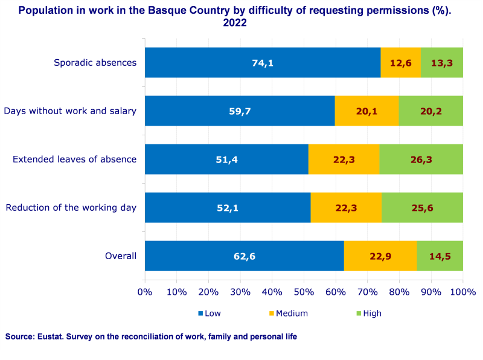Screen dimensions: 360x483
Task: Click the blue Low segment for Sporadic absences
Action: click(x=263, y=63)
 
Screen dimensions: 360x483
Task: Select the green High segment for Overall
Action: click(x=440, y=256)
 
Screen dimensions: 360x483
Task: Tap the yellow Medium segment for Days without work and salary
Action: click(x=366, y=111)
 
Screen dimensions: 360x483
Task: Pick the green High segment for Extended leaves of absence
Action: click(x=421, y=159)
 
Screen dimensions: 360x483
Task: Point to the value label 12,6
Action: click(x=400, y=63)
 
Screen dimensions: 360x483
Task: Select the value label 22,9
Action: click(x=380, y=256)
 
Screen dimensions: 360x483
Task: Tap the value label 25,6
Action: click(x=422, y=208)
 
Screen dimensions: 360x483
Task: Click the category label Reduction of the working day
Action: click(x=71, y=208)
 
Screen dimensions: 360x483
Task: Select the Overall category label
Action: click(x=121, y=256)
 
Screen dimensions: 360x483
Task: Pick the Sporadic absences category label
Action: click(x=95, y=63)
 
